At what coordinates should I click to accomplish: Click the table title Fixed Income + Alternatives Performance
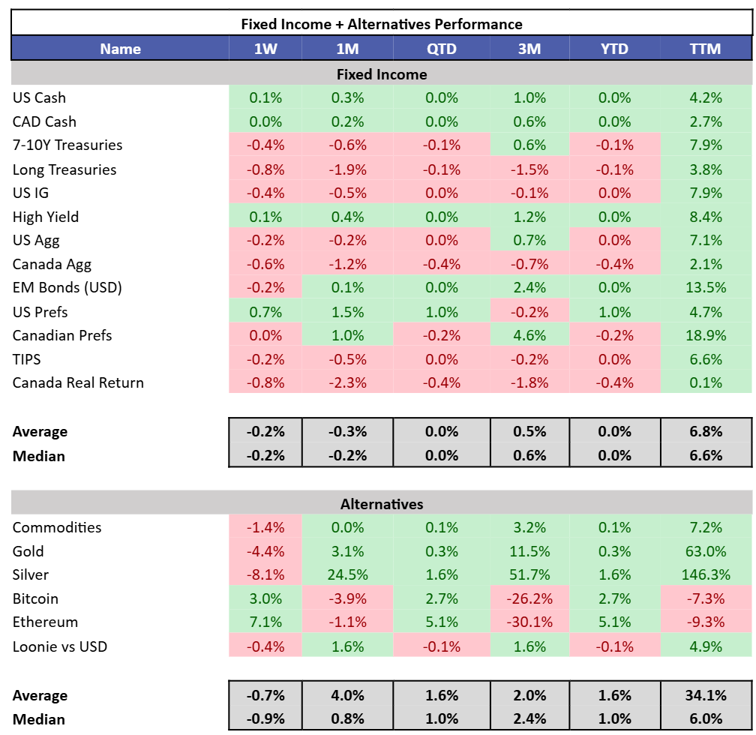(x=382, y=24)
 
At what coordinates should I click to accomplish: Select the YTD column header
(x=614, y=49)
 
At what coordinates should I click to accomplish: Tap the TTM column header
(x=705, y=49)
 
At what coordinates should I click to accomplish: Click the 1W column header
(x=265, y=49)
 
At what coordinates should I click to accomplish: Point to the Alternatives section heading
(x=382, y=504)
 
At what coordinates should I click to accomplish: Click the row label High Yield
(x=46, y=217)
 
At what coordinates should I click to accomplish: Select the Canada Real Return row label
(x=78, y=382)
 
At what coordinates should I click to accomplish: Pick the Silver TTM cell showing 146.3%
(x=705, y=574)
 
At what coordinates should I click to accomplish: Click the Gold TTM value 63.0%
(x=705, y=551)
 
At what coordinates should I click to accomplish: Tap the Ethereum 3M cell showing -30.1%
(x=529, y=622)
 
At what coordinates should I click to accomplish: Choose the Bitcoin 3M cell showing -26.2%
(x=529, y=598)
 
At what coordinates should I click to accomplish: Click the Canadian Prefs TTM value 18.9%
(x=705, y=335)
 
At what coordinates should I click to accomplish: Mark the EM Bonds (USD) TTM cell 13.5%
(x=705, y=288)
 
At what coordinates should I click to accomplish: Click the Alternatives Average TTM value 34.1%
(x=705, y=695)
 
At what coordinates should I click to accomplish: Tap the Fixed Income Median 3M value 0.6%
(x=529, y=455)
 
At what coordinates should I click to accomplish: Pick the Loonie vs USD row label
(x=60, y=646)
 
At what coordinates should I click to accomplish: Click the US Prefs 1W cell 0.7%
(x=265, y=312)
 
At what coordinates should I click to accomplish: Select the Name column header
(x=120, y=49)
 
